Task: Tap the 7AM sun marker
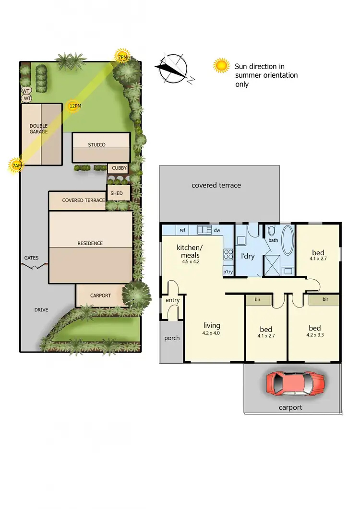click(16, 166)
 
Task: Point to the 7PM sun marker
click(122, 57)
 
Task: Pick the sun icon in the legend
click(221, 65)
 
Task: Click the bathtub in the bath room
click(288, 241)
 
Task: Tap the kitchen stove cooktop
click(228, 255)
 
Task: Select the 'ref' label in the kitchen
click(182, 230)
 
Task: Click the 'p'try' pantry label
click(228, 272)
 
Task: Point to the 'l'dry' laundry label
click(247, 256)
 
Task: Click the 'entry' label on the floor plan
click(172, 300)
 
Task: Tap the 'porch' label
click(172, 338)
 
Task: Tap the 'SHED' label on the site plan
click(117, 193)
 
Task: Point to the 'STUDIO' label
click(96, 144)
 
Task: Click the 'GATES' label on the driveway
click(31, 258)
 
